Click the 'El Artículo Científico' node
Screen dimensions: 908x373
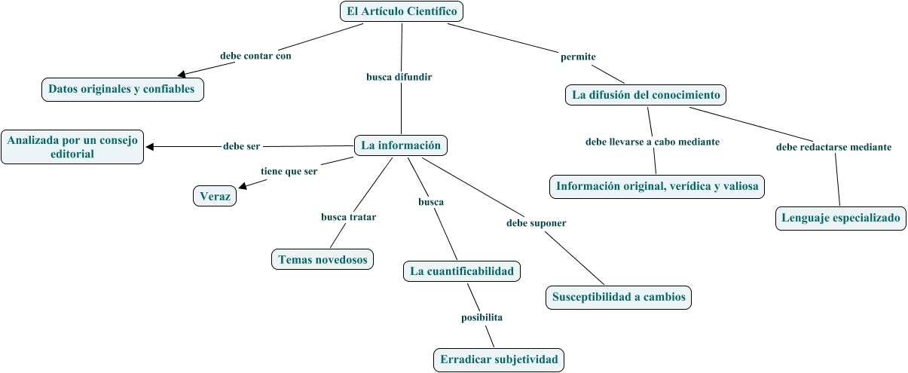tap(402, 11)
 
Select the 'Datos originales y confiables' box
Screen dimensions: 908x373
tap(122, 90)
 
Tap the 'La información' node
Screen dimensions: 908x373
tap(401, 145)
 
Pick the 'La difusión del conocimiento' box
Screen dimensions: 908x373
tap(646, 95)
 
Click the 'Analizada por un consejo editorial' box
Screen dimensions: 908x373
tap(72, 147)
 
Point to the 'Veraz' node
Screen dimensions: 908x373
tap(215, 196)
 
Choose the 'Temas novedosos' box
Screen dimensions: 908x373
tap(323, 259)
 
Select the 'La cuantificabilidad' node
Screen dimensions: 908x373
tap(462, 271)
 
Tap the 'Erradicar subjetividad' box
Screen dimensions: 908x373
tap(499, 359)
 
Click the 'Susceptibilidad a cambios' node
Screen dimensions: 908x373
tap(619, 297)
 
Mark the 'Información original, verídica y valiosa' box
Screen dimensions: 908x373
tap(657, 187)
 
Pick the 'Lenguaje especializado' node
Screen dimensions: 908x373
tap(841, 218)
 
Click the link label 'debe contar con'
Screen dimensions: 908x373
tap(255, 56)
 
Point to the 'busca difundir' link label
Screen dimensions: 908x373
tap(399, 77)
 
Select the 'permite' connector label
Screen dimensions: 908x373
tap(578, 57)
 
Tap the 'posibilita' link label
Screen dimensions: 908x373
tap(482, 317)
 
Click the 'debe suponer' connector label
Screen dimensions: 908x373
tap(537, 223)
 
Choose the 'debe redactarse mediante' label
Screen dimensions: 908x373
tap(834, 147)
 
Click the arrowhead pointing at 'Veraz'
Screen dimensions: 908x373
tap(243, 186)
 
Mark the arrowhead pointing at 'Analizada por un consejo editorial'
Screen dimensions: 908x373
tap(149, 147)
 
